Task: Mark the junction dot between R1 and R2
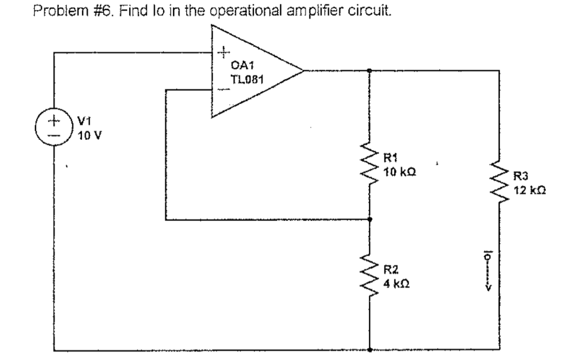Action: click(x=370, y=219)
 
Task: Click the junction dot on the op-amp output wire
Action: click(x=370, y=71)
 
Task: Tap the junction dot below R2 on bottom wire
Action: click(x=370, y=350)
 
